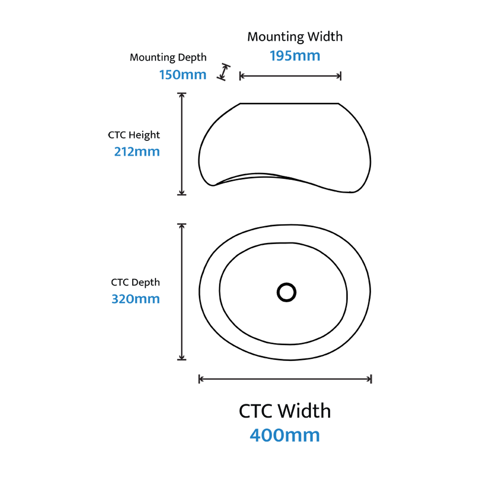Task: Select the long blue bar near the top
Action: pos(376,55)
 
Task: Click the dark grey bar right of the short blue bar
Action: pos(351,72)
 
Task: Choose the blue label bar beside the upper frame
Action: pos(147,151)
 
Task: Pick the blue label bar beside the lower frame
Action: pos(145,298)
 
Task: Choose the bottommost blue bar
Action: pos(366,435)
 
